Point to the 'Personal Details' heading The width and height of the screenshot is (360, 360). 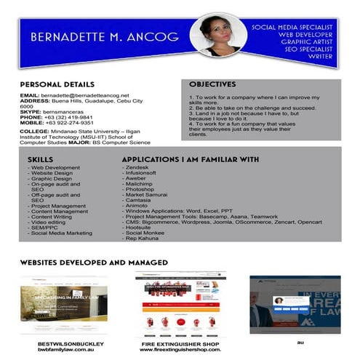[57, 84]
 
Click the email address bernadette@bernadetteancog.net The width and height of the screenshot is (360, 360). [84, 95]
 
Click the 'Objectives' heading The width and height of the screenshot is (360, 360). [212, 84]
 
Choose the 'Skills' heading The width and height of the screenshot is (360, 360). [40, 159]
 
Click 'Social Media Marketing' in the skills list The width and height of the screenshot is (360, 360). [61, 233]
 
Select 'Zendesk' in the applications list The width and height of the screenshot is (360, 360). [138, 168]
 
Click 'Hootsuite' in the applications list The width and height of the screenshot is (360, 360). [142, 227]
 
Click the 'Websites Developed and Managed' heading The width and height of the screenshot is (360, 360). [94, 262]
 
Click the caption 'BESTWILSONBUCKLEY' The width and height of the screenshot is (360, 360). [71, 343]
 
